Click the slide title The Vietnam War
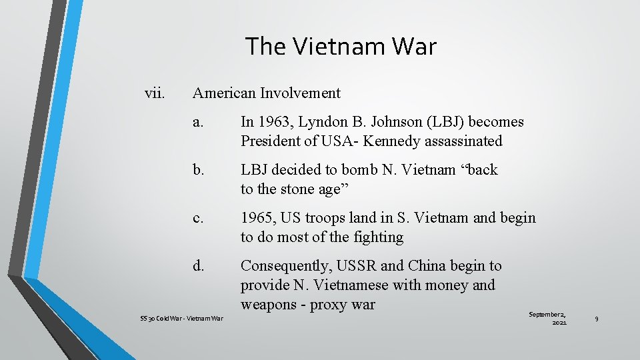tap(341, 47)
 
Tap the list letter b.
tap(198, 170)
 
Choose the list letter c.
tap(197, 218)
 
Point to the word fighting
tap(379, 237)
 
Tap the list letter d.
tap(198, 266)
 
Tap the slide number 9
tap(597, 319)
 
